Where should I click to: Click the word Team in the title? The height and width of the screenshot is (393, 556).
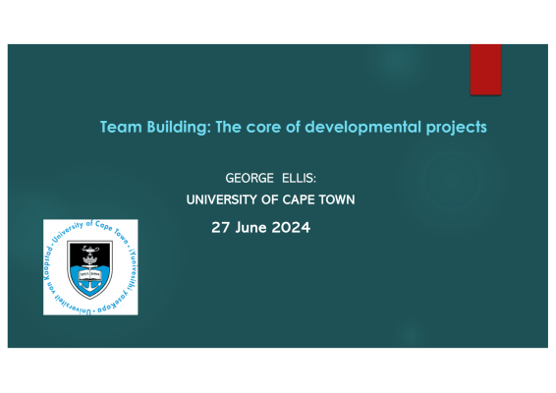pyautogui.click(x=121, y=127)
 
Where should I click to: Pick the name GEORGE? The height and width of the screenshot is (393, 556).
pyautogui.click(x=250, y=178)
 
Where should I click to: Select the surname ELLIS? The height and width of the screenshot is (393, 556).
pyautogui.click(x=299, y=178)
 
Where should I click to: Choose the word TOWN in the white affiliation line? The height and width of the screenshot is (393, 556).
pyautogui.click(x=337, y=199)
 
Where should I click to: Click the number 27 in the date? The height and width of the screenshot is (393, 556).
pyautogui.click(x=220, y=227)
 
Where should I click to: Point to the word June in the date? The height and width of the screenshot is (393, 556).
pyautogui.click(x=250, y=227)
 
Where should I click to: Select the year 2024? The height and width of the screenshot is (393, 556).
pyautogui.click(x=291, y=227)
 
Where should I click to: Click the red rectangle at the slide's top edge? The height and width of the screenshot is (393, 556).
pyautogui.click(x=485, y=70)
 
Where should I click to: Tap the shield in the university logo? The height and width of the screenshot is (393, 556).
pyautogui.click(x=90, y=269)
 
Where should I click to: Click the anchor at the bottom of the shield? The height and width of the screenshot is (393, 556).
pyautogui.click(x=90, y=286)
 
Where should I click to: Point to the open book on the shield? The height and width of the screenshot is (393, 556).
pyautogui.click(x=90, y=274)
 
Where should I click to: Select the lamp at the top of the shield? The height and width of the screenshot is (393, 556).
pyautogui.click(x=90, y=250)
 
